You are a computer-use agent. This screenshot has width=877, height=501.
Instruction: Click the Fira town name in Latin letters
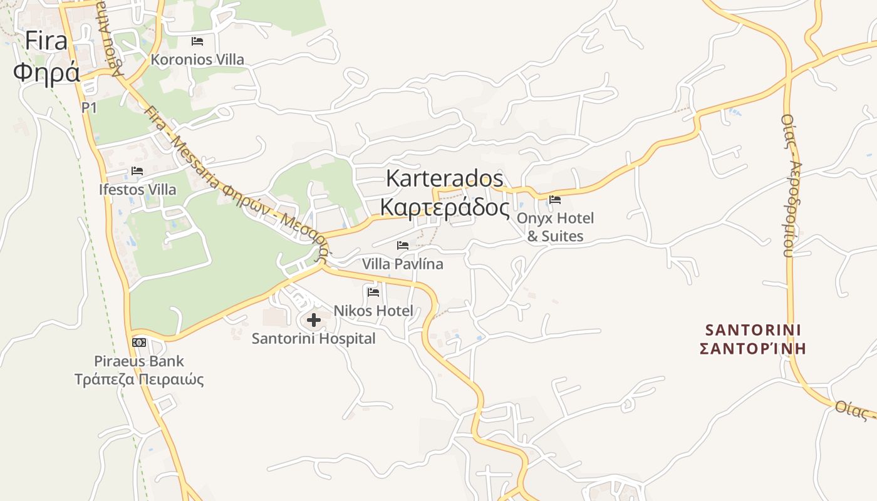tap(46, 41)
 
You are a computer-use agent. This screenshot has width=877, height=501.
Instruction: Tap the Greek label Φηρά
tap(46, 72)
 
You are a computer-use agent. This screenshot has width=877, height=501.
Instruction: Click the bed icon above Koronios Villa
tap(197, 41)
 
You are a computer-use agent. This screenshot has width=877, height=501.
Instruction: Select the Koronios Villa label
tap(197, 59)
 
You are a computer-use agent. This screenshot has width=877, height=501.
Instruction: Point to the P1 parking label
tap(90, 108)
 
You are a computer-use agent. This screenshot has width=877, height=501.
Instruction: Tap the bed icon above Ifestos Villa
tap(137, 171)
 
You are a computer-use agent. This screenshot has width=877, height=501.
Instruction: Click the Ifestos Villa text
tap(137, 189)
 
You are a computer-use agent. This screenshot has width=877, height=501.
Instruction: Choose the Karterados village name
tap(444, 178)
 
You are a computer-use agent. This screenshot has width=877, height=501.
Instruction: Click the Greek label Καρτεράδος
tap(445, 207)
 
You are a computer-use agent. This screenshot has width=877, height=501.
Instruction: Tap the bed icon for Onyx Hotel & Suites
tap(555, 200)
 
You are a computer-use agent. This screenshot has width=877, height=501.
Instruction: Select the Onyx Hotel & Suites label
tap(556, 227)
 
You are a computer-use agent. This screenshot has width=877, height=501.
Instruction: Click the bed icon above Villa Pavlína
tap(403, 245)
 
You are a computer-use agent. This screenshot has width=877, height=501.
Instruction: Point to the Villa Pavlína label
tap(403, 264)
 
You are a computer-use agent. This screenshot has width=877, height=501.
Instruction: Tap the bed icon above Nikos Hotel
tap(373, 292)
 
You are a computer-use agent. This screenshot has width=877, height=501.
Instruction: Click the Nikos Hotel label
tap(373, 310)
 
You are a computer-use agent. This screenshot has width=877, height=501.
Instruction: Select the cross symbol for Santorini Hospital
tap(314, 321)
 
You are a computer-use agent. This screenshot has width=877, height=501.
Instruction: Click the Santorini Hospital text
tap(314, 339)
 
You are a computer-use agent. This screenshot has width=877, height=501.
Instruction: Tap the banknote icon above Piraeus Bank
tap(139, 343)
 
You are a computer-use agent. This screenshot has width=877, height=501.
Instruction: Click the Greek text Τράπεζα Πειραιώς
tap(139, 380)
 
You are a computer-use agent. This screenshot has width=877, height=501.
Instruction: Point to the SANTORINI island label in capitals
tap(754, 330)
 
